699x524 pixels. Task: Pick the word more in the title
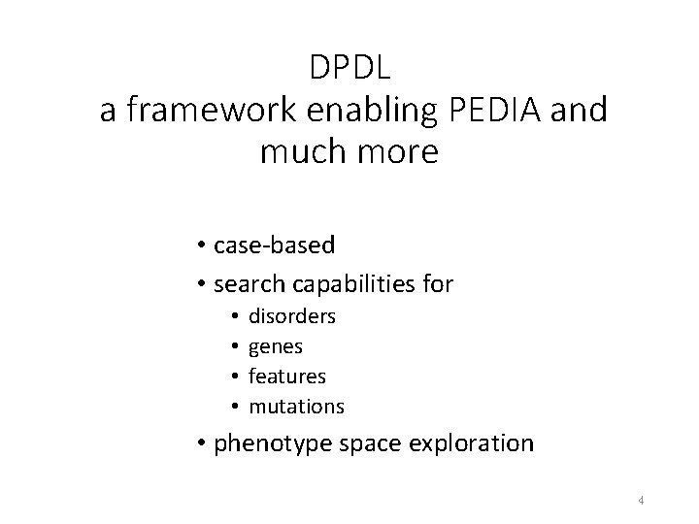(399, 151)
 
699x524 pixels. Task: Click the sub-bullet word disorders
(292, 316)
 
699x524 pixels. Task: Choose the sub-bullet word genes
(276, 345)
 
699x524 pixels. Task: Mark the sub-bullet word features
(287, 375)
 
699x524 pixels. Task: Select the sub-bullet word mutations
(296, 405)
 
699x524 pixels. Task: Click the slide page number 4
(642, 501)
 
